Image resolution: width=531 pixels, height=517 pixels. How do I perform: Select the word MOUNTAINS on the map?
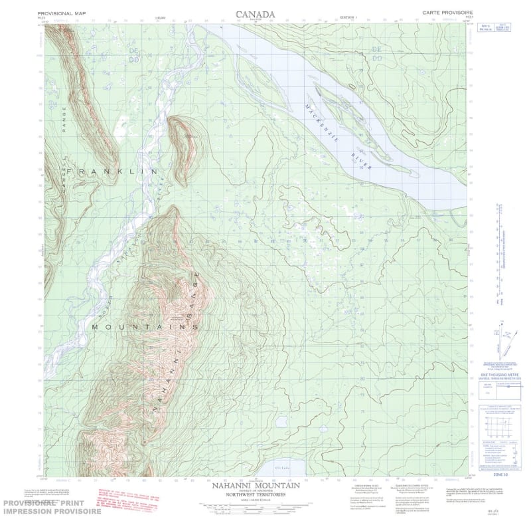[145, 328]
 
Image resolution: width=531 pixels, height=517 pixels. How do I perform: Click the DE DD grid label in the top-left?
[135, 54]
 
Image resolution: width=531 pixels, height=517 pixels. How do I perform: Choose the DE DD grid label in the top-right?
[378, 54]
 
